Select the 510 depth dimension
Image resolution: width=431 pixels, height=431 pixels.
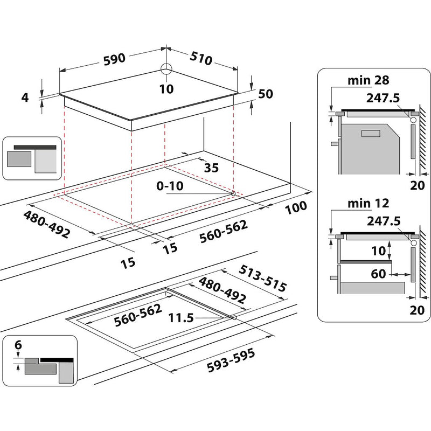tap(201, 58)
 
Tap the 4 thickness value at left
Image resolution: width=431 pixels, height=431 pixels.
tap(24, 98)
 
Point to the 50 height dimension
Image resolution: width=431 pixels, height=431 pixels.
tap(266, 94)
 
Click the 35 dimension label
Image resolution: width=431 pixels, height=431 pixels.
tap(211, 168)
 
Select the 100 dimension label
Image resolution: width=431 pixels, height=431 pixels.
tap(296, 206)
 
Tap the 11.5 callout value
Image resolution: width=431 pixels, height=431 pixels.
tap(182, 318)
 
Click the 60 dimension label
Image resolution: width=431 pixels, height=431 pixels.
tap(378, 274)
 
